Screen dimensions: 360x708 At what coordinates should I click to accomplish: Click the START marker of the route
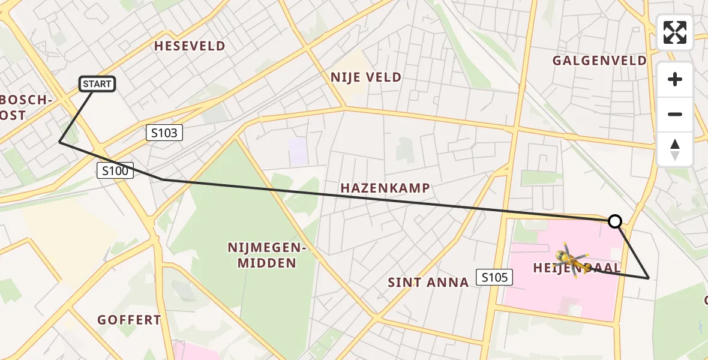97,84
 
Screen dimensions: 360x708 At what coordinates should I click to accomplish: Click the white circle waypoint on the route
615,221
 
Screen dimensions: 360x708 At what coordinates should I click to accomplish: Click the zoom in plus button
675,80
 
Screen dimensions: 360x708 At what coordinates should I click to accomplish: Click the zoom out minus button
675,114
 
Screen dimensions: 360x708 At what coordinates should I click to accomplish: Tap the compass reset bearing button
675,149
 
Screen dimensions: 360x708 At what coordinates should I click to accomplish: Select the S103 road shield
164,133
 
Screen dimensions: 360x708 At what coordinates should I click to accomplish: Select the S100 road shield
115,171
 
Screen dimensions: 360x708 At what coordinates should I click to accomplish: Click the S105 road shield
494,277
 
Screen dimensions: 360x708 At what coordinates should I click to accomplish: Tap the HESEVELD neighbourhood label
190,46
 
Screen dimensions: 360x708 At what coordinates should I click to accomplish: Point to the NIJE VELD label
365,77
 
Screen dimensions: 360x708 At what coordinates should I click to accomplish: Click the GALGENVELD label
599,61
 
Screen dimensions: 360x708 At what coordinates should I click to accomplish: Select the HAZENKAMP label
385,188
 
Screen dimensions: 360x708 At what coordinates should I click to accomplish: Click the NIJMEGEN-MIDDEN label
262,255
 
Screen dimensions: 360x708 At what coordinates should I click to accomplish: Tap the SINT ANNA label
428,283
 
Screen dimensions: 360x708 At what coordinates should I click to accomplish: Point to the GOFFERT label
130,320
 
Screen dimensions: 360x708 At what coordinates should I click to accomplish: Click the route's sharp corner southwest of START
59,142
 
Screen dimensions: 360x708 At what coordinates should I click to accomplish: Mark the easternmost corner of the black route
649,278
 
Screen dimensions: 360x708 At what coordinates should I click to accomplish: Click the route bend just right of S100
163,179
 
